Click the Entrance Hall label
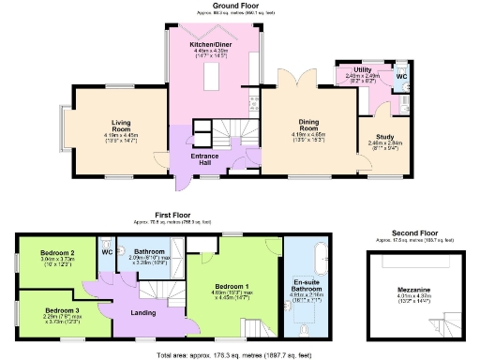click(204, 160)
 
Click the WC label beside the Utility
click(401, 75)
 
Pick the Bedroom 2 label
click(58, 253)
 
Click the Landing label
click(142, 312)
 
